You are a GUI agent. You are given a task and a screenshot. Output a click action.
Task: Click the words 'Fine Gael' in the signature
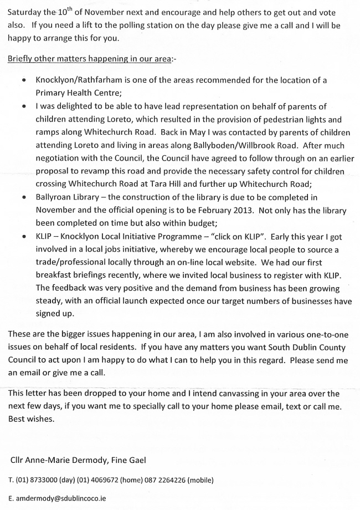[130, 460]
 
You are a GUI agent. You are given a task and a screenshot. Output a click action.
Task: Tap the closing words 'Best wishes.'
[32, 419]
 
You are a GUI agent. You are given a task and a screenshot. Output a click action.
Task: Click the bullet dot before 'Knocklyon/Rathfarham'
[23, 81]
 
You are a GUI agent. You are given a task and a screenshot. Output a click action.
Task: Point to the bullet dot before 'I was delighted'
[23, 106]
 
